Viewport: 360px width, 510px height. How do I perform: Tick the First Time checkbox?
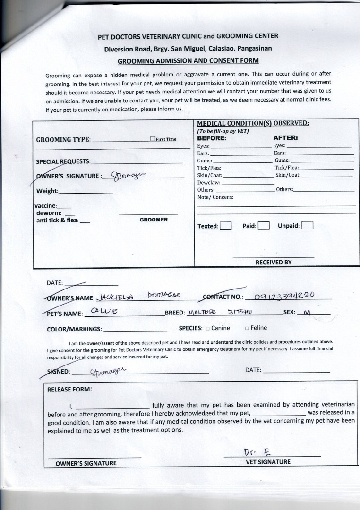point(153,139)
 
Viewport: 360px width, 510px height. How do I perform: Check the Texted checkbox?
point(226,226)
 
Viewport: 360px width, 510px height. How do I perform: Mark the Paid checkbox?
point(264,226)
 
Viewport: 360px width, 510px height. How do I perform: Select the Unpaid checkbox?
point(308,225)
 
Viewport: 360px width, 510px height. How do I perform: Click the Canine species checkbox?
point(207,328)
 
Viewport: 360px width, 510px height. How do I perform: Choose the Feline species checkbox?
point(247,328)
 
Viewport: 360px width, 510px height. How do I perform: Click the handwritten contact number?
point(284,296)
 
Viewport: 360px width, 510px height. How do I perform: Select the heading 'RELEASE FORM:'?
point(69,390)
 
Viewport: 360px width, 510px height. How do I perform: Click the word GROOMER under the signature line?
point(154,220)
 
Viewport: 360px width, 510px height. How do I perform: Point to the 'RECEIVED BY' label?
point(274,263)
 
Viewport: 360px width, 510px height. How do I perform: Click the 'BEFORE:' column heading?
point(212,138)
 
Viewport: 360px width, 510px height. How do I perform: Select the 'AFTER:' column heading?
point(285,138)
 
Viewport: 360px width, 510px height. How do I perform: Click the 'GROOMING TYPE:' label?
point(63,140)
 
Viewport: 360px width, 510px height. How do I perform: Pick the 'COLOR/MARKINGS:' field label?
point(74,329)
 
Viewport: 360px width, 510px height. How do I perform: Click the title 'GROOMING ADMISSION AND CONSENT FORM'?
point(188,61)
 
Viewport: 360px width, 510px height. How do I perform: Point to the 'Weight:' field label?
point(47,191)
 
